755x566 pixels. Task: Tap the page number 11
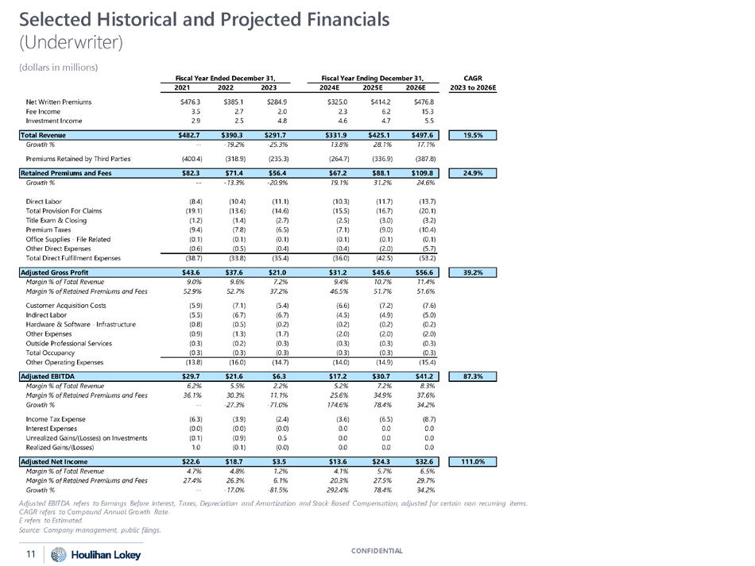click(x=31, y=553)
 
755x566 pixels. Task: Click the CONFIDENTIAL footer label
click(x=377, y=550)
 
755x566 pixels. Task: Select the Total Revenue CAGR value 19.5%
click(x=474, y=136)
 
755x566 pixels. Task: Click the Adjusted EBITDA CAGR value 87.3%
click(x=474, y=373)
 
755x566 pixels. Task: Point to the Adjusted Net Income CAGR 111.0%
click(x=474, y=461)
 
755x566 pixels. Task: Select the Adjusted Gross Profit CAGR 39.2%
click(x=474, y=271)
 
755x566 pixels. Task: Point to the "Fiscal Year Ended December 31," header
click(x=226, y=77)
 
